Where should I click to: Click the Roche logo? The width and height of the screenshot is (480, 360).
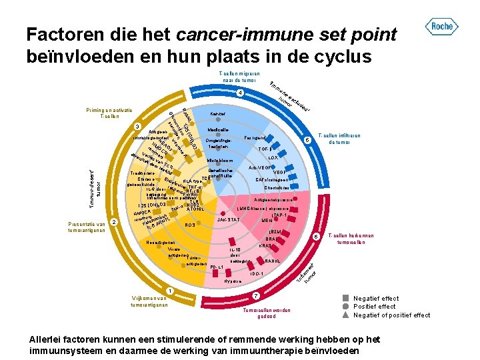[x=441, y=27]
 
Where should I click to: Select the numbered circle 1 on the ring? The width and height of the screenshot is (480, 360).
[x=170, y=290]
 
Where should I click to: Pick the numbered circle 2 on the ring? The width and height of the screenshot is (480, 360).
[x=115, y=222]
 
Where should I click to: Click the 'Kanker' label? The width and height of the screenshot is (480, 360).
[x=218, y=114]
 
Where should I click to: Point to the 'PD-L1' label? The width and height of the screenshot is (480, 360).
[x=216, y=267]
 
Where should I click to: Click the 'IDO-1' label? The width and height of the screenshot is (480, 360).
[x=257, y=273]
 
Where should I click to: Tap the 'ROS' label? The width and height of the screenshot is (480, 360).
[x=190, y=225]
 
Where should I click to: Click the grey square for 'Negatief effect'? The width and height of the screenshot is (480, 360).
[x=345, y=298]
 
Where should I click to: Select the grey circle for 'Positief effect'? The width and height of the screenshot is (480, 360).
[x=345, y=307]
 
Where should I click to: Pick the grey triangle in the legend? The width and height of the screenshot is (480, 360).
[x=345, y=315]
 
